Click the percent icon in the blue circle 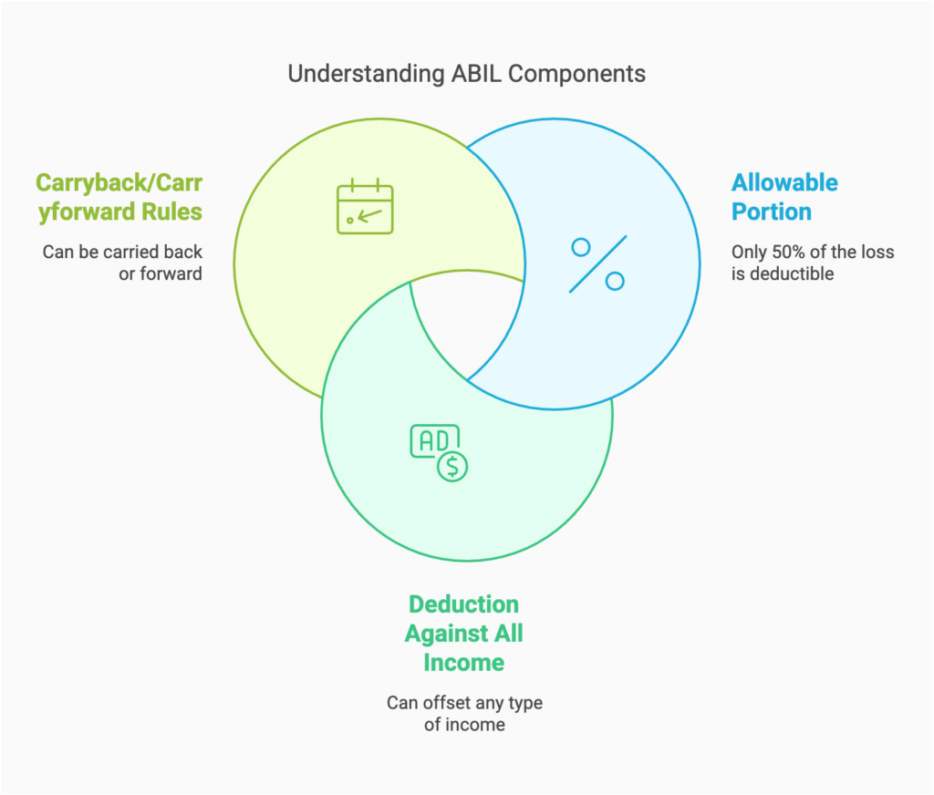598,263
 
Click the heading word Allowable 784,182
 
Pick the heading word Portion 771,212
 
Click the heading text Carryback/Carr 119,182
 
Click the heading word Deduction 463,604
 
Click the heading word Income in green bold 463,663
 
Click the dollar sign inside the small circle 452,466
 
